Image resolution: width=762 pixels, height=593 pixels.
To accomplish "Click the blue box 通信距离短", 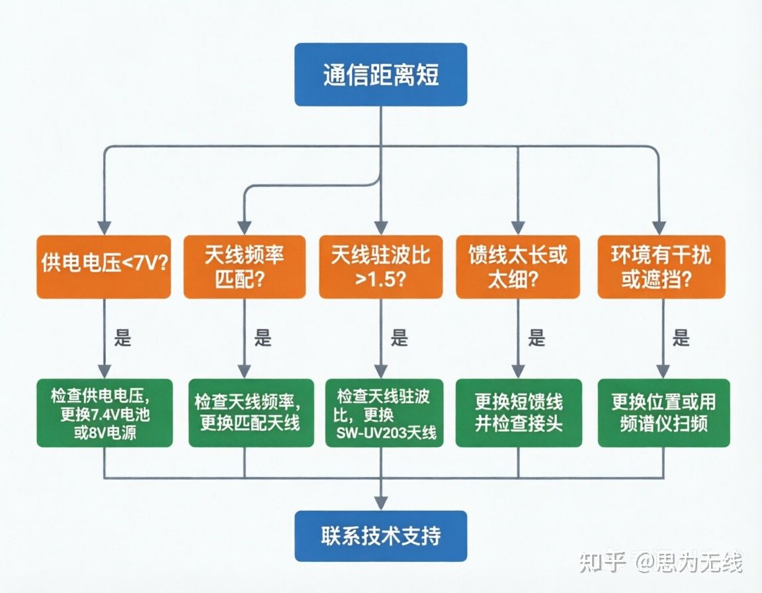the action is point(380,74).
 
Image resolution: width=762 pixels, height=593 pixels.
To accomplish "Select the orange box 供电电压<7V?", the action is point(104,266).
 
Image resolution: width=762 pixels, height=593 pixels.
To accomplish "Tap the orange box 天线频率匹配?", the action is point(245,266).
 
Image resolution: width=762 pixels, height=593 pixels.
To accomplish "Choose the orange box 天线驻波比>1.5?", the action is point(380,266).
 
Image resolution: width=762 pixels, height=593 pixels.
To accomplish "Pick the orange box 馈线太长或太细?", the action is point(517,266).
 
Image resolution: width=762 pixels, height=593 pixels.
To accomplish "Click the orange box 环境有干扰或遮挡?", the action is point(661,266).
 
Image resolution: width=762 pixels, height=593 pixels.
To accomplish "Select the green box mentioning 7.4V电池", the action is point(105,413).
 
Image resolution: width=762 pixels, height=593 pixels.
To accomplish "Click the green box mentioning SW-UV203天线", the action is point(384,413).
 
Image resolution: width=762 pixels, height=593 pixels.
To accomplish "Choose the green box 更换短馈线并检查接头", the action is point(519,413).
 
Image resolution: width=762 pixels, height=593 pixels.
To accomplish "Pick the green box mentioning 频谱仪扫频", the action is point(663,413).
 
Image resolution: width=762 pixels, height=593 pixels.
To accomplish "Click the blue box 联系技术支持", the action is point(380,535).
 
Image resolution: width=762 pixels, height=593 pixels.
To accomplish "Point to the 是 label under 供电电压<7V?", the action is point(123,338).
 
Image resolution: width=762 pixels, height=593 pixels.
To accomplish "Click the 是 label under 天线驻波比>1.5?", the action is point(400,338).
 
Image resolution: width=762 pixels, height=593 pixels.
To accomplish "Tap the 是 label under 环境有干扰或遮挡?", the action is point(681,338).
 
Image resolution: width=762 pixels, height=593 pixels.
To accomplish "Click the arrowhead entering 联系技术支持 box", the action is point(381,503).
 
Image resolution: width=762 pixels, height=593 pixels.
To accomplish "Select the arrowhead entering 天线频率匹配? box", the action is point(244,228).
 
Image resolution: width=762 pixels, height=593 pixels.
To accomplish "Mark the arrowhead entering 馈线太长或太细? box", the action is point(518,228).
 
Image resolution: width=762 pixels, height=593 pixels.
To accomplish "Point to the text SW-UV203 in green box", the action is point(371,433).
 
